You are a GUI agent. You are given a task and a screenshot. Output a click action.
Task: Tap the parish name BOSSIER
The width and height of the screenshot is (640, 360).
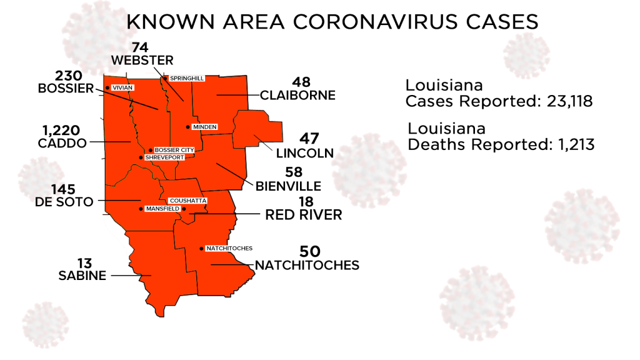[65, 89]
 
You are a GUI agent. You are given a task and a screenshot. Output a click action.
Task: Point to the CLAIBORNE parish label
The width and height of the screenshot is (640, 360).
[297, 96]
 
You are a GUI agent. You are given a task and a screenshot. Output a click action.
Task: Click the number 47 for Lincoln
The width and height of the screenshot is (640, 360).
[309, 139]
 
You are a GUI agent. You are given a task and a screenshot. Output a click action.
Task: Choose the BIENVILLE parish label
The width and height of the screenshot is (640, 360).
[288, 186]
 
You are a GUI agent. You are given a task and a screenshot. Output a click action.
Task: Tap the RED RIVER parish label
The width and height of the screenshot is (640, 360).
[304, 215]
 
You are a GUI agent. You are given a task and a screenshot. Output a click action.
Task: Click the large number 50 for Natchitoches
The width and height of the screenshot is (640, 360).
[309, 251]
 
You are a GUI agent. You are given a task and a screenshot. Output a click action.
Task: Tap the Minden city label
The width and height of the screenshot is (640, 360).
[204, 127]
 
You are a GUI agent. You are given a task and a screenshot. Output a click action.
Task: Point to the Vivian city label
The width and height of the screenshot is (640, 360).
[122, 88]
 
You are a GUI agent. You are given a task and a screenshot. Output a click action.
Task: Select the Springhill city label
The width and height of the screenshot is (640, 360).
[186, 78]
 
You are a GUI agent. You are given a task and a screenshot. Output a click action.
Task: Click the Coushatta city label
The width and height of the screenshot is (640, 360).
[187, 201]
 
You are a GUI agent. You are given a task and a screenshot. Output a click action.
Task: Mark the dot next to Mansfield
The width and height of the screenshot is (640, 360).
[141, 208]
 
